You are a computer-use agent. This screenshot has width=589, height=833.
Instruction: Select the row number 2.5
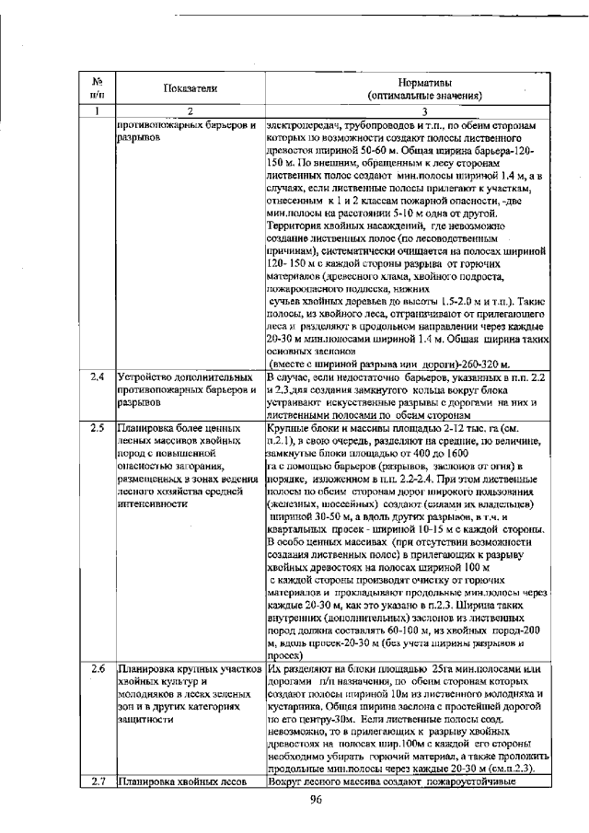98,428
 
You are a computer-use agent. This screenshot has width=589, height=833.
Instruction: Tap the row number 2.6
98,667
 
